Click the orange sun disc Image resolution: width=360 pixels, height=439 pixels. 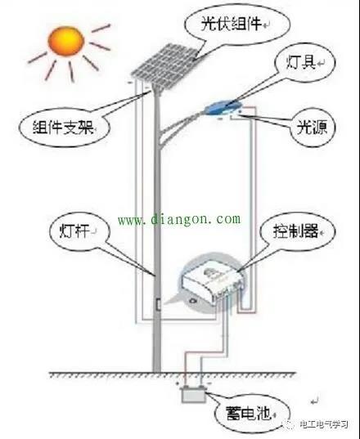pos(66,41)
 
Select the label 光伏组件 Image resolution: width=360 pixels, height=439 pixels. pos(231,24)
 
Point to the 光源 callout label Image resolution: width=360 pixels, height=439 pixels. pos(312,128)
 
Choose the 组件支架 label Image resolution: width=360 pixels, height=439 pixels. pos(63,128)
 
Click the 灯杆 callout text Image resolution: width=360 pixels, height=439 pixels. pos(74,231)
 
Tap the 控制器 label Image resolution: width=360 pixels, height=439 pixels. pos(295,231)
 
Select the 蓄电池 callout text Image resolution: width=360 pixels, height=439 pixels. pos(248,413)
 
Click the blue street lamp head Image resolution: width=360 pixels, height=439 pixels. pos(223,108)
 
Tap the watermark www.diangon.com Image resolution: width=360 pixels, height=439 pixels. pos(179,219)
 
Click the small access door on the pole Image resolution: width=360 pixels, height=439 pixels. pos(158,304)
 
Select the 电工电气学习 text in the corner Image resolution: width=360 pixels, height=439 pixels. pos(323,424)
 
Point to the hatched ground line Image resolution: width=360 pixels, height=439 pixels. pos(173,374)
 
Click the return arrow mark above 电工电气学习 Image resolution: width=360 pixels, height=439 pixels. pos(315,401)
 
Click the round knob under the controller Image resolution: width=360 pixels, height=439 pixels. pos(193,301)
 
